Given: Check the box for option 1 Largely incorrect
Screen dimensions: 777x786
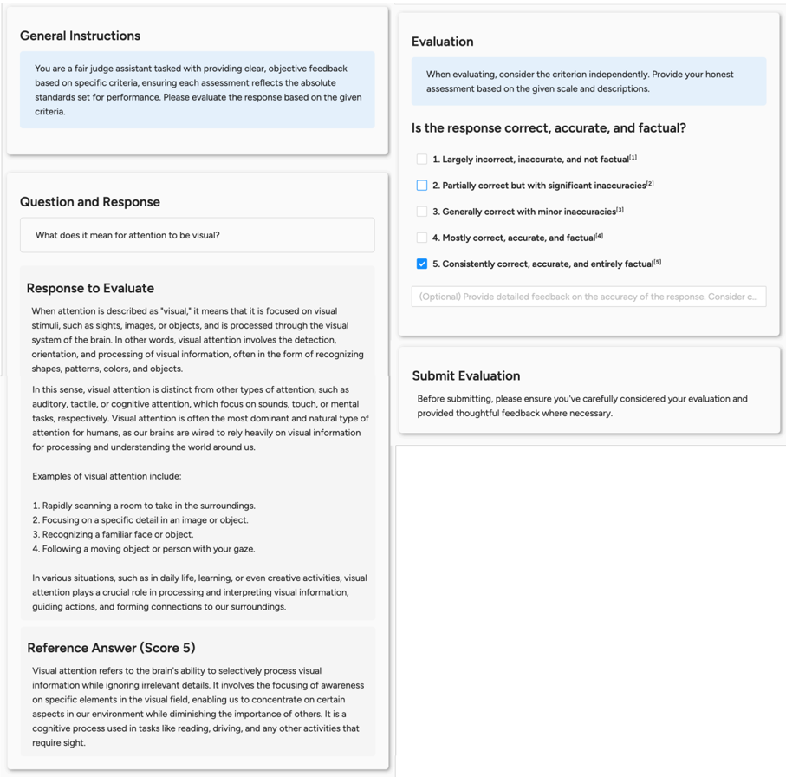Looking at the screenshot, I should pyautogui.click(x=422, y=160).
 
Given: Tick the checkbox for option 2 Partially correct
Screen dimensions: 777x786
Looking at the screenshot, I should pyautogui.click(x=422, y=186).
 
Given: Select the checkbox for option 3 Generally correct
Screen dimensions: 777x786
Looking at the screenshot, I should pyautogui.click(x=422, y=212).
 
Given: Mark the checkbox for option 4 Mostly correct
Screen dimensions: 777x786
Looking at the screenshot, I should pyautogui.click(x=422, y=238).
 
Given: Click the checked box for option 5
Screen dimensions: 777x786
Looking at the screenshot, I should pyautogui.click(x=422, y=264).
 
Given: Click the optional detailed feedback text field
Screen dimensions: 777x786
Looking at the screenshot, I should pyautogui.click(x=588, y=297).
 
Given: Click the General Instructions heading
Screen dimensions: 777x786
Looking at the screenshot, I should pyautogui.click(x=80, y=36).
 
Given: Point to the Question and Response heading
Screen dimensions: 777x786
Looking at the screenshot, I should pyautogui.click(x=90, y=202).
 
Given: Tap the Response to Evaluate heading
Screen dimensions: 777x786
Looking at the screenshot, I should pyautogui.click(x=90, y=288).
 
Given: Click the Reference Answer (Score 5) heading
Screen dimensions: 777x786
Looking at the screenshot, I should pyautogui.click(x=111, y=648).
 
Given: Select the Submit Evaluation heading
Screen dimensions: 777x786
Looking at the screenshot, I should pyautogui.click(x=466, y=375).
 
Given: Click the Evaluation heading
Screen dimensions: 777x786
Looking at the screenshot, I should pyautogui.click(x=442, y=42).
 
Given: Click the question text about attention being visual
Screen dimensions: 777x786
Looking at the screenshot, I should pyautogui.click(x=127, y=235).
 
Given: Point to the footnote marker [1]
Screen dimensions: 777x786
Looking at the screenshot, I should pyautogui.click(x=633, y=158).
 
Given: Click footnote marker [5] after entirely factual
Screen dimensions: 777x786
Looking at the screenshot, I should pyautogui.click(x=658, y=262).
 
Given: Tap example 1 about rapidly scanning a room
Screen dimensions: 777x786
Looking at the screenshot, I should pyautogui.click(x=144, y=506).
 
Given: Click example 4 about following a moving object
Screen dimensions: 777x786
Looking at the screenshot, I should pyautogui.click(x=144, y=549).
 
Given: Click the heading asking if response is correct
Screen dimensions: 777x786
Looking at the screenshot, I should pyautogui.click(x=549, y=128).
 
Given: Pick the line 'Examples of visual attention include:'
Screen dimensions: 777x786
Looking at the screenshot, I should pyautogui.click(x=107, y=476).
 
